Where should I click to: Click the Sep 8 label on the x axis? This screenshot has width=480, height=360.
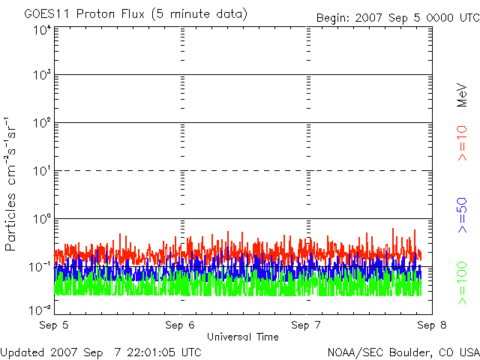coord(429,325)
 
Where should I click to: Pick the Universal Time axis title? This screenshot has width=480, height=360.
coord(242,337)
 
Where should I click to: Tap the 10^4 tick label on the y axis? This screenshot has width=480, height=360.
coord(41,30)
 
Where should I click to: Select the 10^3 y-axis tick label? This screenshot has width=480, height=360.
coord(41,76)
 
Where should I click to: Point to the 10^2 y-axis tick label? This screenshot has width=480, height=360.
coord(41,123)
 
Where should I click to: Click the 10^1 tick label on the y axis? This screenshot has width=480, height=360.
coord(41,171)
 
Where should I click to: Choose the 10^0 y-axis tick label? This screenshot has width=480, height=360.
coord(41,219)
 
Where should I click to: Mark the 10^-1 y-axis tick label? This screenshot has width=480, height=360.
coord(40,266)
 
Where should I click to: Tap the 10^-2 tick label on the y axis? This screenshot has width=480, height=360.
coord(40,308)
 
